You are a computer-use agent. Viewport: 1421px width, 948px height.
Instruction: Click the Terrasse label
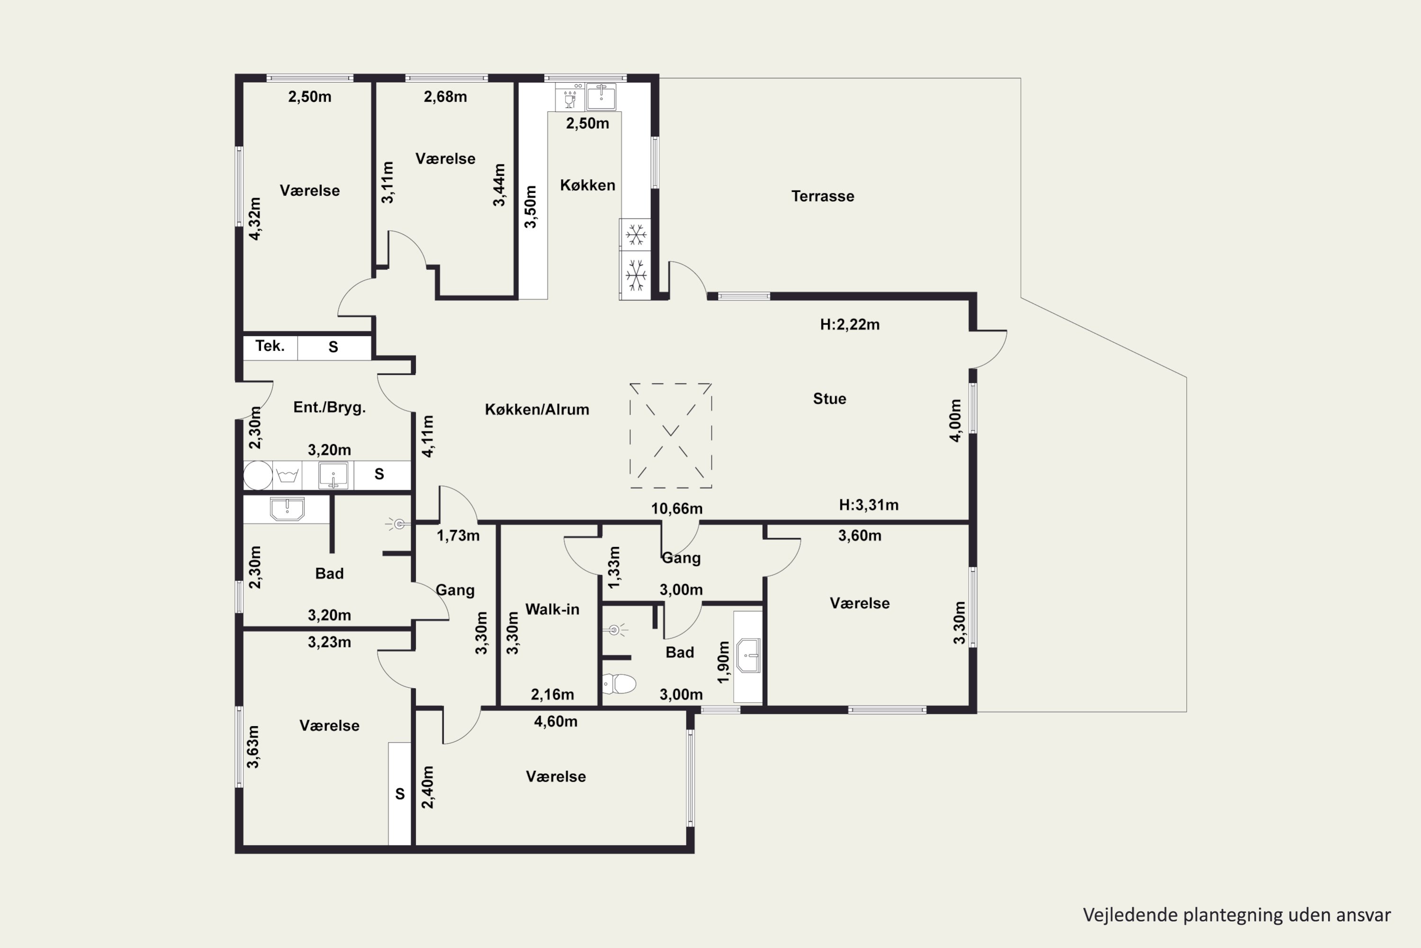click(822, 196)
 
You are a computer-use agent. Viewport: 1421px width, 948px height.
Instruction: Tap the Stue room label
click(829, 399)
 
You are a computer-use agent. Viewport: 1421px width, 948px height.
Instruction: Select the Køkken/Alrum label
click(537, 410)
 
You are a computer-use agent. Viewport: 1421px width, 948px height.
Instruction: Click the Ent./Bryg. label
click(329, 408)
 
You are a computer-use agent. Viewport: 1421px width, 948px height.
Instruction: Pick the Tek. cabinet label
click(270, 346)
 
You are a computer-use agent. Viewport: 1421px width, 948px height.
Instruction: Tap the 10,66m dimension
click(677, 509)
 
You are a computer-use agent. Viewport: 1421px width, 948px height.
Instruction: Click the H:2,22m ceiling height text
click(849, 325)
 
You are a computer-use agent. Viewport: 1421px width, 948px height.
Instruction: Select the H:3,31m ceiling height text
click(869, 505)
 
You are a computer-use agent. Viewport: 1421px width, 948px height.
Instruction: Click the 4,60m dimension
click(555, 721)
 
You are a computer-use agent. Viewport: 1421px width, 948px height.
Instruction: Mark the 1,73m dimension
click(458, 536)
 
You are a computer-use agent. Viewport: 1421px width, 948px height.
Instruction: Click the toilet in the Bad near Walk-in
click(619, 684)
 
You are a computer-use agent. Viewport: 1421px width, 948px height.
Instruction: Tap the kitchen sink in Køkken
click(601, 97)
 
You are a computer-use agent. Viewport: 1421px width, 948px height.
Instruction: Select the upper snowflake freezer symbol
click(636, 235)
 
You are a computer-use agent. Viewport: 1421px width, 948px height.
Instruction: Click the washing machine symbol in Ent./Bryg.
click(288, 475)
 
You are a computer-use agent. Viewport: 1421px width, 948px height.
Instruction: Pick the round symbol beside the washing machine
click(258, 475)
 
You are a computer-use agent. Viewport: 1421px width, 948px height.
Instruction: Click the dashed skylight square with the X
click(671, 435)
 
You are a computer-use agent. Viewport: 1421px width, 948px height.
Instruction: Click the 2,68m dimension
click(445, 97)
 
